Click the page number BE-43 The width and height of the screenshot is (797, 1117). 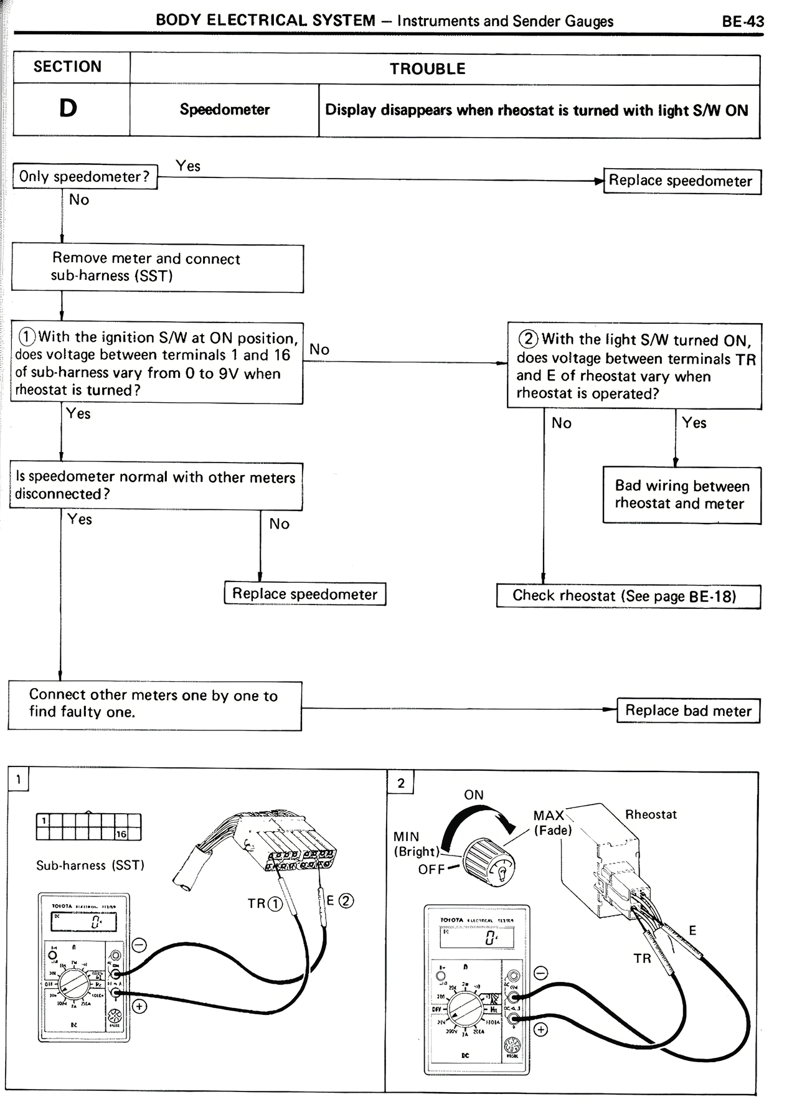(x=743, y=22)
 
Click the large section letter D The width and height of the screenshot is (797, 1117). (x=68, y=108)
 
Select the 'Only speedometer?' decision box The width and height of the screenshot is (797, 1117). (x=85, y=177)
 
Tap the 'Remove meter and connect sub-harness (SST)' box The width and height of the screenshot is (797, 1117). (x=158, y=268)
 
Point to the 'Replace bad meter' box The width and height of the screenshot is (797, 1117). (x=688, y=710)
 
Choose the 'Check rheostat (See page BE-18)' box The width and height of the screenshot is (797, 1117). (x=628, y=596)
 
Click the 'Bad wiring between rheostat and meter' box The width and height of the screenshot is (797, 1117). (x=682, y=495)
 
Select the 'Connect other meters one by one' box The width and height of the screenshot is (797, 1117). (x=154, y=705)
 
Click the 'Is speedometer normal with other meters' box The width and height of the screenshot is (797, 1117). (x=156, y=486)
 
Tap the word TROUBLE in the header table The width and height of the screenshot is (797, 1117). (x=428, y=68)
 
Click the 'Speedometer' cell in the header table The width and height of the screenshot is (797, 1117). (x=225, y=110)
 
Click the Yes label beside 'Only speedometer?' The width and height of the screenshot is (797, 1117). (x=188, y=166)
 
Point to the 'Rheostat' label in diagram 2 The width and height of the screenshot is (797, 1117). (x=651, y=814)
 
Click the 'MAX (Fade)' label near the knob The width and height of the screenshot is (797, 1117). (x=551, y=822)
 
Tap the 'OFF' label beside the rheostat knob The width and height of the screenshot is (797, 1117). (x=431, y=869)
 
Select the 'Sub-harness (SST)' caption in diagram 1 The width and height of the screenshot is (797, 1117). (x=90, y=865)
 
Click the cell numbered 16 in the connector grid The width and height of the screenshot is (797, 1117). (x=121, y=834)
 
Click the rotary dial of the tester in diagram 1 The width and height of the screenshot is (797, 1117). (x=74, y=985)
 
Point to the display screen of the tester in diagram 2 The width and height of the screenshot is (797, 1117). (x=477, y=937)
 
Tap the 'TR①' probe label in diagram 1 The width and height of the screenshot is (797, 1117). (x=265, y=903)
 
